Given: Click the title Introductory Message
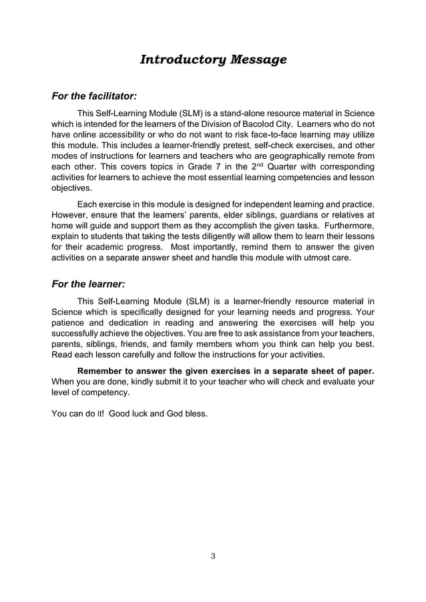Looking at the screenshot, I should (213, 60).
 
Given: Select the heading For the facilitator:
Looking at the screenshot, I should (94, 97).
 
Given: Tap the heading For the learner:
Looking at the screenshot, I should (88, 284).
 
